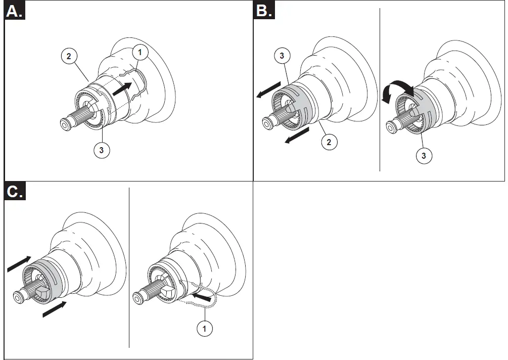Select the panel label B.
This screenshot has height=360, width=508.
coord(264,11)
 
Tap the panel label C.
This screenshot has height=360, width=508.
coord(14,193)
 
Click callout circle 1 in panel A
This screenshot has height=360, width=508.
coord(140,52)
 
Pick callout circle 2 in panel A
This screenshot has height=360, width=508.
coord(69,56)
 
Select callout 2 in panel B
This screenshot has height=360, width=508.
coord(329,142)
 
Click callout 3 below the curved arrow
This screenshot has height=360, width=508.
coord(423,156)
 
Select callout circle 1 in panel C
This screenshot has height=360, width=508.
coord(204,329)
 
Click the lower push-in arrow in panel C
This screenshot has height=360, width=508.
coord(54,309)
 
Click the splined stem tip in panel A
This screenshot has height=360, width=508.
coord(66,124)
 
